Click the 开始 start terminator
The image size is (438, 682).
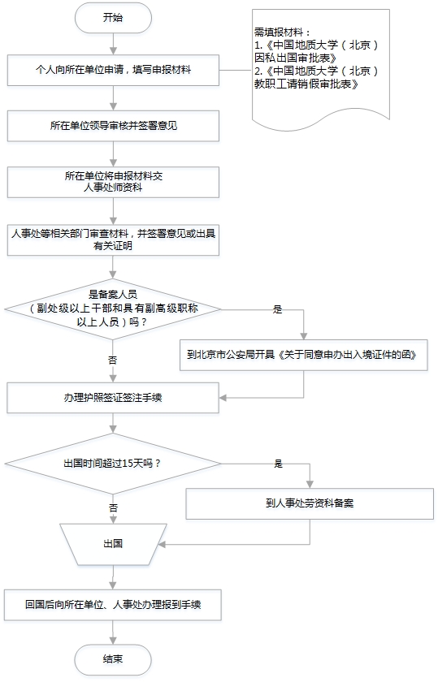(113, 18)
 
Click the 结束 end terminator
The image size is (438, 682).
(113, 659)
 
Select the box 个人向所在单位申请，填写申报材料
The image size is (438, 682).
(113, 70)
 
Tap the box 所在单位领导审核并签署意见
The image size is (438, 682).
(113, 126)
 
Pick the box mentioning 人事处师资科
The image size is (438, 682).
(113, 182)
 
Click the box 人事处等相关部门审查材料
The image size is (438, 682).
(113, 240)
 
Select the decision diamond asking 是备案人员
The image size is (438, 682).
(113, 309)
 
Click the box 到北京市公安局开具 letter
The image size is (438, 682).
(304, 355)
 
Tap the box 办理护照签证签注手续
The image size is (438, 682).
(113, 398)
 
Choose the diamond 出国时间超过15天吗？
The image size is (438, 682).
(113, 464)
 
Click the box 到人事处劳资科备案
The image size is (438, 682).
(310, 503)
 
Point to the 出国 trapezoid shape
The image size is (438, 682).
(113, 544)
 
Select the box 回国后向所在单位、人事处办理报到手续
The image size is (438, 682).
(113, 605)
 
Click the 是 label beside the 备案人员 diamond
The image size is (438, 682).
(278, 309)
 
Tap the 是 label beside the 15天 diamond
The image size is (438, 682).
(278, 464)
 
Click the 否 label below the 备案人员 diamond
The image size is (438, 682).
(113, 360)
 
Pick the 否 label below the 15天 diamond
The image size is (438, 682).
(113, 507)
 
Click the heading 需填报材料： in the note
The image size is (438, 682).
(283, 32)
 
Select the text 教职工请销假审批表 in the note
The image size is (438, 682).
(306, 84)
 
